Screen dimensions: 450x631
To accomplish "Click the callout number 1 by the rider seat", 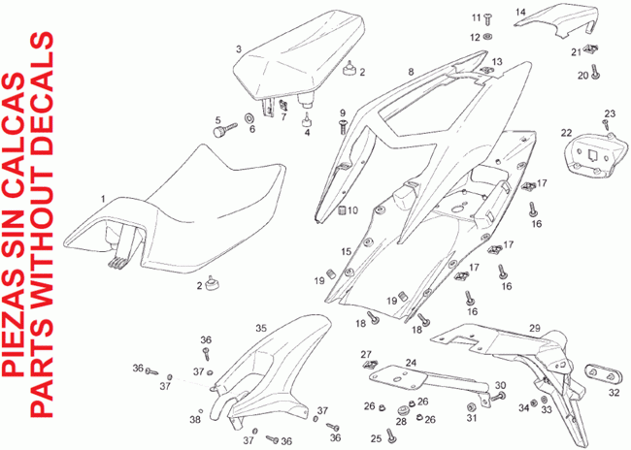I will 103,197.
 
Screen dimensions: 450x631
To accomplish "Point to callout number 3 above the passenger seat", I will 238,48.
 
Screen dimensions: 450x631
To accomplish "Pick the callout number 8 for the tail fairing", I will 411,72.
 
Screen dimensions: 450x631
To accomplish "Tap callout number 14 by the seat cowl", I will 548,12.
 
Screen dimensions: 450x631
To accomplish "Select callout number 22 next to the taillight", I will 565,132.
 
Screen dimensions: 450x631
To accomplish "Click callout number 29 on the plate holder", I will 534,329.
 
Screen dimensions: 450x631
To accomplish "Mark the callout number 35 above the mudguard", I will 260,329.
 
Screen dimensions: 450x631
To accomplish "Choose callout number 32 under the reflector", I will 614,393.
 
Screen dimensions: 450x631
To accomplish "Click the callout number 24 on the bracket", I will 411,363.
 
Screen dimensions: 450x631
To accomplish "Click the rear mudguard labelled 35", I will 257,378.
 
